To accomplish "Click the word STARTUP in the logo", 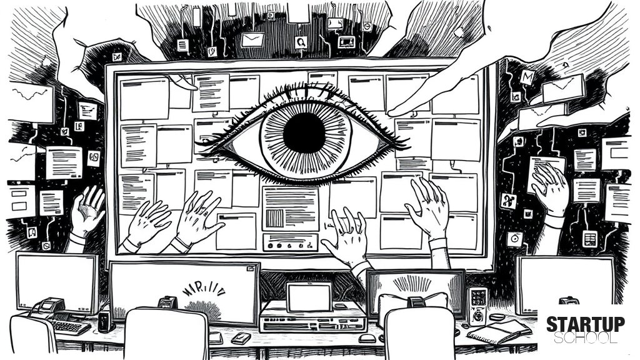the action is [585, 324].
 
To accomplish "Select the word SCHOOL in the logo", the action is [585, 338].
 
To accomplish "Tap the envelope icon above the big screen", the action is [252, 40].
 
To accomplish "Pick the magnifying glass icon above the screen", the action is [301, 42].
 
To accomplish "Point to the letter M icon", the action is [527, 77].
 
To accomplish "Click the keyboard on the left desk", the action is [69, 326].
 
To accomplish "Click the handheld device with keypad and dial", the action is [477, 306].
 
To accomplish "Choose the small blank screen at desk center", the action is [309, 297].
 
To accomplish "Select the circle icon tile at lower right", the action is [515, 238].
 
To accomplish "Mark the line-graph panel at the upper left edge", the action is [31, 102].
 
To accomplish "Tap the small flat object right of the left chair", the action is [241, 337].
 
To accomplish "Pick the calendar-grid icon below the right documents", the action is [589, 238].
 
